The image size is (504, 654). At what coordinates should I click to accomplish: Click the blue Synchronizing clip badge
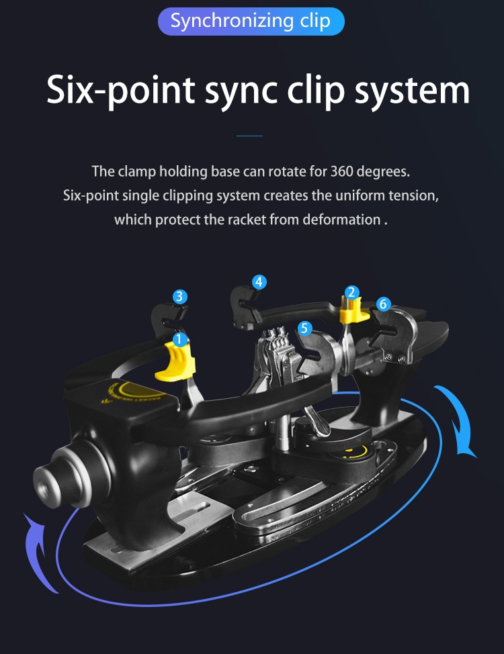point(251,21)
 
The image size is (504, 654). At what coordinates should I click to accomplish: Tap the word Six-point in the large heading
point(120,89)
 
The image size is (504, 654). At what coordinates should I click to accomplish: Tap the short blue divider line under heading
point(250,136)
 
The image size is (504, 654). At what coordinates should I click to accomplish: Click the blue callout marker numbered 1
point(179,340)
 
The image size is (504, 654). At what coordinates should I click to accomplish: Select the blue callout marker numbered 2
point(351,292)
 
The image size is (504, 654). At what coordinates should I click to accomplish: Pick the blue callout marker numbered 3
point(179,296)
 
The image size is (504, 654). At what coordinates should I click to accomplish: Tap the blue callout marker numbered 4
point(259,282)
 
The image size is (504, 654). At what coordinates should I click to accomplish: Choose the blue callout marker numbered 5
point(305,328)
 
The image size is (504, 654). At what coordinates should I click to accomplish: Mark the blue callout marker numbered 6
point(383,304)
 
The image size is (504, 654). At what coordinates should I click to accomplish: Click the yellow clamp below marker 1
point(177,363)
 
